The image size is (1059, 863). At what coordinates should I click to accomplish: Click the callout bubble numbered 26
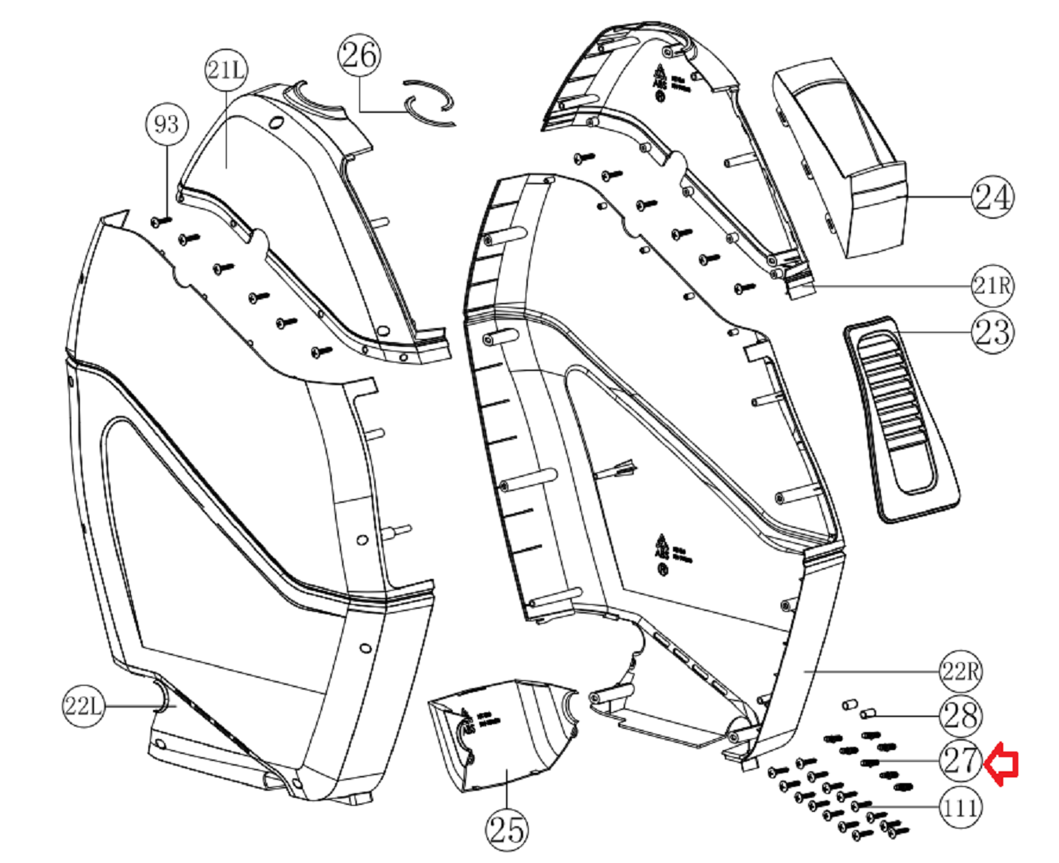coord(359,55)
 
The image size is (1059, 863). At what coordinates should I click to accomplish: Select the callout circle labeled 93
coord(167,124)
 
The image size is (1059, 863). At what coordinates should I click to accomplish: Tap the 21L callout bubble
coord(226,70)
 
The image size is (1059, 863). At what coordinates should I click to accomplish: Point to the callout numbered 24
coord(992,197)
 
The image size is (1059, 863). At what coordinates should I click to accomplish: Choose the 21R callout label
coord(992,286)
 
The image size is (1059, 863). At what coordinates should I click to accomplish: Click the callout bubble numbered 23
coord(992,332)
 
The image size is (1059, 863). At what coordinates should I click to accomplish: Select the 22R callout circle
coord(961,672)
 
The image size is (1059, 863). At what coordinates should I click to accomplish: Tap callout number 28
coord(961,716)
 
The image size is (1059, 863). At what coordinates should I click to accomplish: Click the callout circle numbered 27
coord(961,760)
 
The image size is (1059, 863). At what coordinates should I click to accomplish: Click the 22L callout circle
coord(83,706)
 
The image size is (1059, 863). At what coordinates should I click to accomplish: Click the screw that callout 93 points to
coord(161,222)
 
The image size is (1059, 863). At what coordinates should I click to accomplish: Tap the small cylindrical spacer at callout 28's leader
coord(868,714)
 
